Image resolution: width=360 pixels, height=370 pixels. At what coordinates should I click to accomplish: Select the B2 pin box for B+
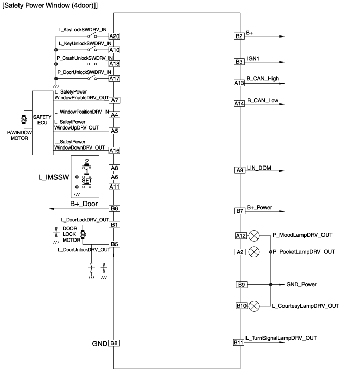(239, 36)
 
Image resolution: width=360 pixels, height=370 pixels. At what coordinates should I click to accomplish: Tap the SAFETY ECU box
(43, 122)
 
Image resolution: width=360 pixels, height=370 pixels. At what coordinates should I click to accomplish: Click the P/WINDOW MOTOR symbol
(23, 120)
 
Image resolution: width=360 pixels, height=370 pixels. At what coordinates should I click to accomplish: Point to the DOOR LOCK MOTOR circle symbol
(84, 235)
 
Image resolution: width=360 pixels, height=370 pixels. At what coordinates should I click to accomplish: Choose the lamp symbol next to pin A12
(254, 236)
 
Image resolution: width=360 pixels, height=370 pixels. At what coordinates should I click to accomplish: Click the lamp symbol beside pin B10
(254, 306)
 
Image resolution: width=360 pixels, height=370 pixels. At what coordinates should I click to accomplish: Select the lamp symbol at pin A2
(254, 252)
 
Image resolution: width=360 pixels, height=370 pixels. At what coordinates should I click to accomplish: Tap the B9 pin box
(241, 285)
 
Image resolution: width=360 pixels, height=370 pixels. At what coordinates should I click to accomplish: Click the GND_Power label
(302, 284)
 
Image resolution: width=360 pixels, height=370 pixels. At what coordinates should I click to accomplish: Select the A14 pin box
(239, 103)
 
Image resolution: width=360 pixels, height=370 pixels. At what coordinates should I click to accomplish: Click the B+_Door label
(84, 203)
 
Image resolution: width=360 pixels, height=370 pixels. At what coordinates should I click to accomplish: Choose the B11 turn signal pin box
(239, 342)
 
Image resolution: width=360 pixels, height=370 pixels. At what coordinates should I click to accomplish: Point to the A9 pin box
(239, 170)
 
